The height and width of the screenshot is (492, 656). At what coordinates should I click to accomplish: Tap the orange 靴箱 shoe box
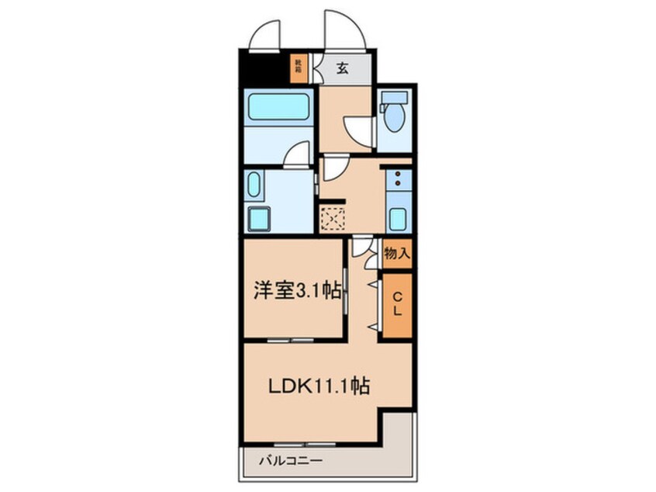pos(298,68)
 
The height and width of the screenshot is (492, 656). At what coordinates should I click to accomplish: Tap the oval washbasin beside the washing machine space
pos(255,187)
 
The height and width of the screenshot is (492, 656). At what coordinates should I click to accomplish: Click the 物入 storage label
pos(397,254)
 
